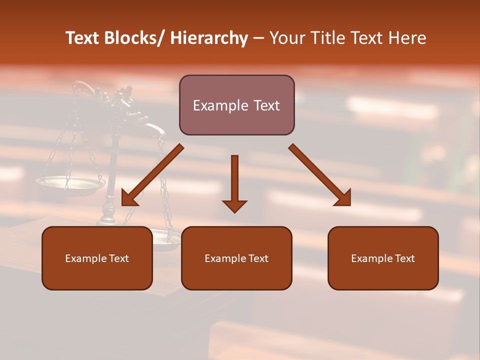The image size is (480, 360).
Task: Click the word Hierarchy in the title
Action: click(x=208, y=38)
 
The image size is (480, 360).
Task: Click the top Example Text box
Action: click(x=236, y=105)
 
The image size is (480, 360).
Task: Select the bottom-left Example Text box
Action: click(x=97, y=258)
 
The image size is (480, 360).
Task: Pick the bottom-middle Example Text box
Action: click(x=236, y=258)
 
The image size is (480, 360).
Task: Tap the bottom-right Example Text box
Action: click(x=383, y=258)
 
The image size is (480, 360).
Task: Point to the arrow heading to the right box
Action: click(x=319, y=175)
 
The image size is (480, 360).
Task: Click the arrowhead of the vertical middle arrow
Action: click(x=234, y=205)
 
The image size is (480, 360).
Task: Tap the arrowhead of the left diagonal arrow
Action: click(x=128, y=199)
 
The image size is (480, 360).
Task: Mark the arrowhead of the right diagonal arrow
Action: click(x=343, y=198)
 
